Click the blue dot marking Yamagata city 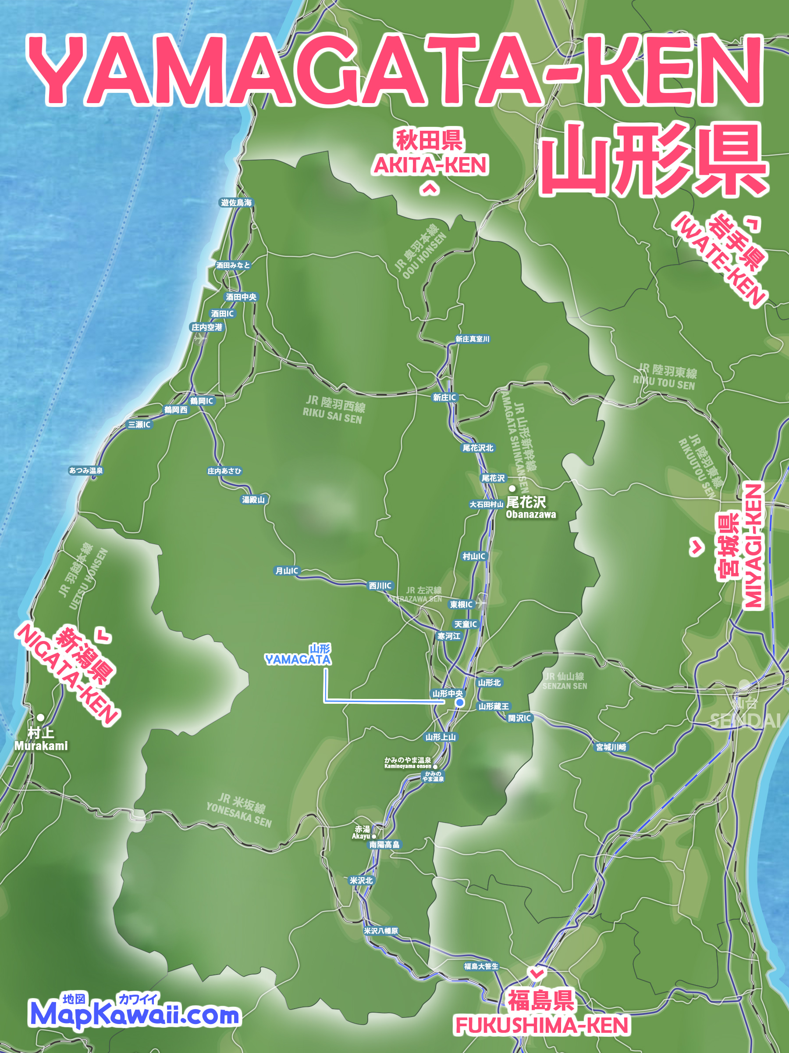click(459, 702)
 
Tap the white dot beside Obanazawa click(512, 488)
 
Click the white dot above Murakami click(41, 717)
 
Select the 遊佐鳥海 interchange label click(236, 203)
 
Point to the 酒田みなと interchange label click(233, 265)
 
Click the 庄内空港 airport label click(207, 327)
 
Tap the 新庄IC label click(444, 398)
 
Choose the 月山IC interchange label click(287, 571)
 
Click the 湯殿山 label click(253, 500)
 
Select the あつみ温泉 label click(86, 471)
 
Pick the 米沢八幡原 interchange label click(381, 931)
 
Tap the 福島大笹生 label click(481, 967)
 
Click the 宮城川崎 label click(611, 747)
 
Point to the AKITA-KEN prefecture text click(431, 166)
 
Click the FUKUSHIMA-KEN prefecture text click(542, 1026)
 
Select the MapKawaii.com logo click(135, 1015)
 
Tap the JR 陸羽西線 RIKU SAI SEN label click(334, 410)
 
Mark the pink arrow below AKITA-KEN click(430, 190)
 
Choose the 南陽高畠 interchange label click(385, 845)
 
